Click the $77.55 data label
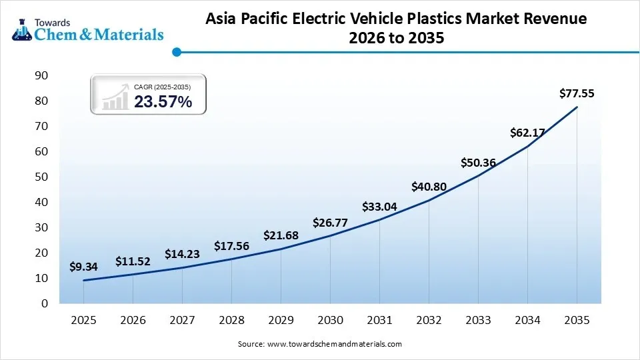click(577, 93)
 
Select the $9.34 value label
click(83, 267)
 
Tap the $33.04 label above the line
click(379, 207)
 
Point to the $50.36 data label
click(478, 163)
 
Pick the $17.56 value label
click(231, 246)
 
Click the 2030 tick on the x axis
click(330, 320)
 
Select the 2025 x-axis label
click(83, 320)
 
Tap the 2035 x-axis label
click(577, 320)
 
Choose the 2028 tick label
click(231, 320)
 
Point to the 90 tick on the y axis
click(41, 75)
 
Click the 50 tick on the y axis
click(41, 177)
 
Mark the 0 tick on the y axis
click(44, 303)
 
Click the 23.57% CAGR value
click(163, 102)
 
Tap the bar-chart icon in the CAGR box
click(115, 97)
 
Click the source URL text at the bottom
click(320, 344)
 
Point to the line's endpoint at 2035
click(577, 107)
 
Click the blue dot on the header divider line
click(176, 51)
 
